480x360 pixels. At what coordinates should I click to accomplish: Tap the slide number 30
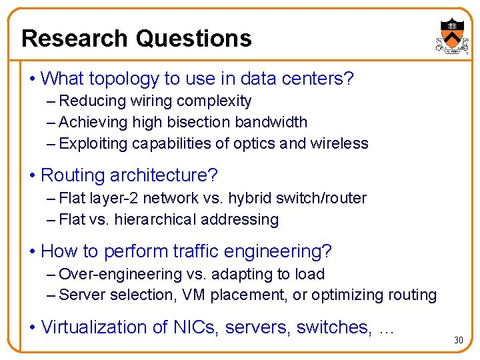(x=458, y=341)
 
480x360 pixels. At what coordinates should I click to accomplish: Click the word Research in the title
(x=74, y=38)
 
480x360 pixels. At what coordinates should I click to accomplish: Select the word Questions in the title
(x=193, y=38)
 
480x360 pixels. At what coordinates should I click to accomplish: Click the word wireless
(x=339, y=144)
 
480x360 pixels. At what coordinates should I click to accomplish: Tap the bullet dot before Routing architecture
(x=33, y=176)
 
